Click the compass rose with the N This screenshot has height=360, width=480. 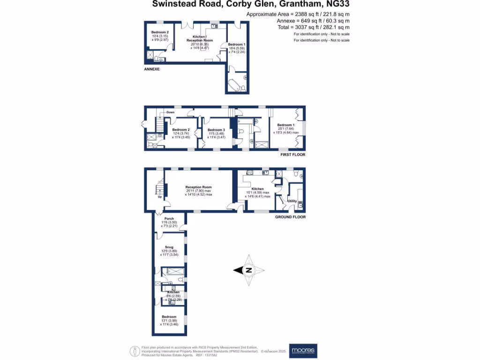click(x=249, y=270)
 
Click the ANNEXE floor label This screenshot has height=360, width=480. click(x=152, y=69)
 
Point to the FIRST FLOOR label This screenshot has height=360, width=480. click(x=292, y=154)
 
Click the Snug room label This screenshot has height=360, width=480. click(x=169, y=247)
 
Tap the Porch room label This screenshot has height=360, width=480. click(x=169, y=218)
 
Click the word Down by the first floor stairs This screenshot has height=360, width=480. click(x=170, y=112)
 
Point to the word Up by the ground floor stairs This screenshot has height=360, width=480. click(x=160, y=196)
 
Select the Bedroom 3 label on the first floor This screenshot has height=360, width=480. click(x=216, y=130)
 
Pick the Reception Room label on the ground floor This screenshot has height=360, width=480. click(x=198, y=187)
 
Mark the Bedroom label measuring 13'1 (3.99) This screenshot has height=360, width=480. click(x=169, y=317)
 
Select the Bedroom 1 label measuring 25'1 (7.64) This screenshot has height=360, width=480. click(x=286, y=125)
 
